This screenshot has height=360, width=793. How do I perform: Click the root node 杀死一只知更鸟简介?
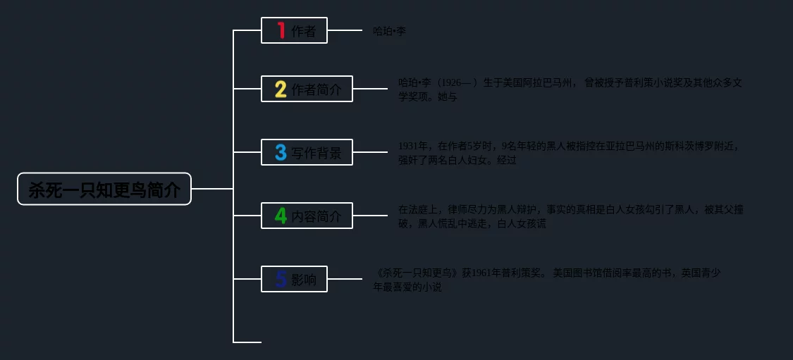pyautogui.click(x=104, y=189)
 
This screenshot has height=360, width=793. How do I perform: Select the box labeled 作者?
pyautogui.click(x=294, y=30)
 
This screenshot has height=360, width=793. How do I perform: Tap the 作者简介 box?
pyautogui.click(x=307, y=89)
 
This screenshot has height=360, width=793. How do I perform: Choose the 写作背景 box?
pyautogui.click(x=307, y=152)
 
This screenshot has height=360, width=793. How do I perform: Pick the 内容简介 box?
pyautogui.click(x=307, y=216)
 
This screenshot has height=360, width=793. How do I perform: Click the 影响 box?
pyautogui.click(x=294, y=279)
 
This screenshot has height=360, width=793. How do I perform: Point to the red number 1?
pyautogui.click(x=281, y=30)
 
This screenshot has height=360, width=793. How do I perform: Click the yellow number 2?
pyautogui.click(x=281, y=89)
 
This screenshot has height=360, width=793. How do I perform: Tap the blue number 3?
pyautogui.click(x=281, y=152)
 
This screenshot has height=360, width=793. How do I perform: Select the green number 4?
pyautogui.click(x=281, y=216)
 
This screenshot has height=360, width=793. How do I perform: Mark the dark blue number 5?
pyautogui.click(x=281, y=279)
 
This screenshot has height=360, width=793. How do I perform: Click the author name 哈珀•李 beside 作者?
pyautogui.click(x=389, y=31)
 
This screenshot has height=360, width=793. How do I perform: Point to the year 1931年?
pyautogui.click(x=413, y=147)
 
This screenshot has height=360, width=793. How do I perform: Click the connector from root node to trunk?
pyautogui.click(x=211, y=189)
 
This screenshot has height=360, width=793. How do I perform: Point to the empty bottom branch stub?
pyautogui.click(x=247, y=342)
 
